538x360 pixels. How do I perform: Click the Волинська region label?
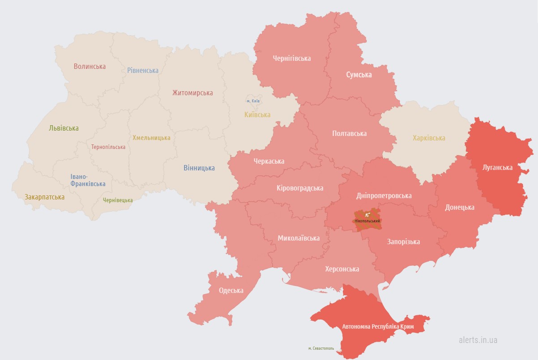(x=90, y=67)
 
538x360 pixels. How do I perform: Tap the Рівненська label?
(x=143, y=71)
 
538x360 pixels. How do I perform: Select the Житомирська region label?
(x=192, y=93)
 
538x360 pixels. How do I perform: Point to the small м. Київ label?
(x=253, y=101)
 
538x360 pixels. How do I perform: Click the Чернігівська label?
(x=292, y=59)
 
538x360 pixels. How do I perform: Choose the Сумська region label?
(x=359, y=75)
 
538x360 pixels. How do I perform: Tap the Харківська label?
(x=429, y=138)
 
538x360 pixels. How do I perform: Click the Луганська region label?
(x=497, y=167)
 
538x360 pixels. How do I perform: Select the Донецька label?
(x=459, y=208)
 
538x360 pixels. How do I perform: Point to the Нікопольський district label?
(x=367, y=221)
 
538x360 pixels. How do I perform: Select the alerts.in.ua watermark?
(x=478, y=340)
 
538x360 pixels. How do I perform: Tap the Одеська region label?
(x=231, y=291)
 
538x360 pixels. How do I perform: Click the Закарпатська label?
(x=45, y=197)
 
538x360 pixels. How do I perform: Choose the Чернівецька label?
(x=118, y=200)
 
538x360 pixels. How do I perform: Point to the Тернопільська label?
(x=108, y=147)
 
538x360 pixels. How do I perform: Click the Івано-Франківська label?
(x=88, y=180)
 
